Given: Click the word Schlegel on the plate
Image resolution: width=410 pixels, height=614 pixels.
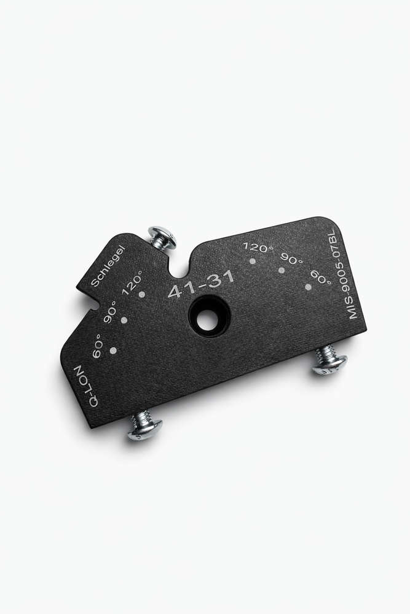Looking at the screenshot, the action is pyautogui.click(x=108, y=266).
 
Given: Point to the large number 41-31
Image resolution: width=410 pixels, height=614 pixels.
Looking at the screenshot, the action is pyautogui.click(x=202, y=284).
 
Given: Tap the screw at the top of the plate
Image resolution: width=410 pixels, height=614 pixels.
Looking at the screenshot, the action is pyautogui.click(x=162, y=238).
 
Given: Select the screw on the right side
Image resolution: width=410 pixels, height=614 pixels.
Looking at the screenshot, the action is pyautogui.click(x=329, y=360).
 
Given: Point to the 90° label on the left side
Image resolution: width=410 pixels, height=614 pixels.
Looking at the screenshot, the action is pyautogui.click(x=110, y=312).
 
